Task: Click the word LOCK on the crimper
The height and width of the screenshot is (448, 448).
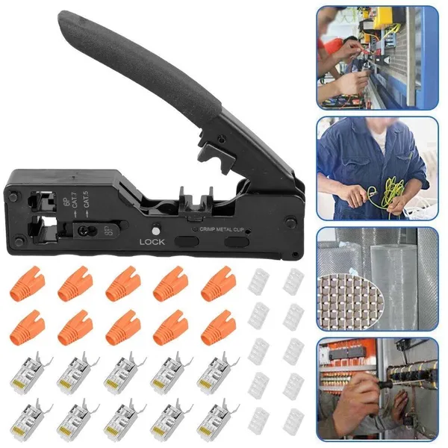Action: point(152,242)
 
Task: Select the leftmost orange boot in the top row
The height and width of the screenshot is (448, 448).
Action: point(28,286)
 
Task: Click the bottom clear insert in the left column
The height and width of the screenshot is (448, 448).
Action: point(259,421)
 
